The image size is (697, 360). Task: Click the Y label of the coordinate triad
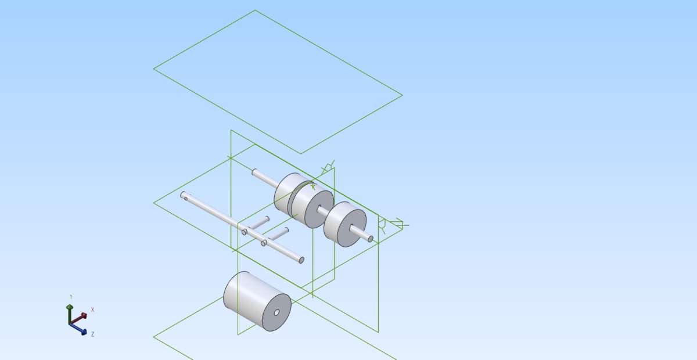point(71,297)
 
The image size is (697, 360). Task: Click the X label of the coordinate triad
point(92,310)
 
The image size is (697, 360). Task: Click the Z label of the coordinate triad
point(92,334)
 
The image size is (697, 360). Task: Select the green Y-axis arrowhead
point(70,307)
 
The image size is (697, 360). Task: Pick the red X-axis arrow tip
point(84,316)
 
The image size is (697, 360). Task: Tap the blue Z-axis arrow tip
point(84,332)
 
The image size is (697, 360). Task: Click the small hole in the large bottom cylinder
point(276,313)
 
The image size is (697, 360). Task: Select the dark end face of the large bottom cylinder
point(276,312)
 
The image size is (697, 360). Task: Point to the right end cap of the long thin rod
point(301,260)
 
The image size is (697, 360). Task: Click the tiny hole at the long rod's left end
point(186,199)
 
